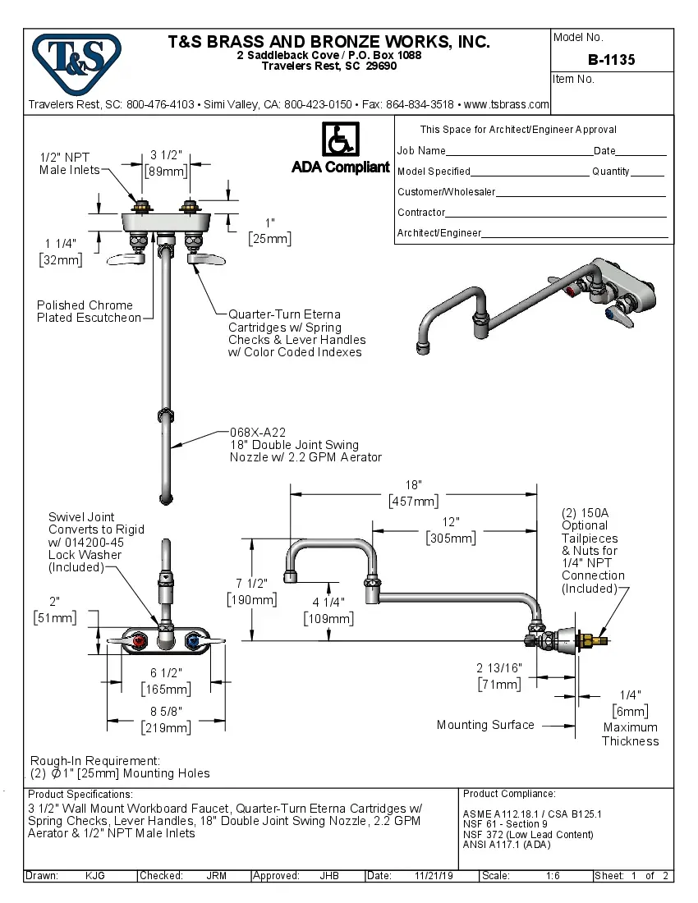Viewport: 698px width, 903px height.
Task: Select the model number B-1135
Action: point(611,60)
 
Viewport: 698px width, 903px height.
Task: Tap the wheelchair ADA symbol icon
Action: point(340,139)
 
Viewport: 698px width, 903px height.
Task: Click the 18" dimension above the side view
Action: point(412,485)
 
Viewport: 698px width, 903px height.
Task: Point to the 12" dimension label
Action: point(451,522)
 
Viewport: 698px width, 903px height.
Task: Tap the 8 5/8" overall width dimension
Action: point(166,711)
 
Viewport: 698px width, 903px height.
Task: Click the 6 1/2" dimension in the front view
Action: point(166,672)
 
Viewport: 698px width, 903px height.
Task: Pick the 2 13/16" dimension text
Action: point(498,667)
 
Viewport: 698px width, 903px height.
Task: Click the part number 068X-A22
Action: point(257,432)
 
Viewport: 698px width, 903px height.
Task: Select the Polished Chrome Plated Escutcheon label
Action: point(89,311)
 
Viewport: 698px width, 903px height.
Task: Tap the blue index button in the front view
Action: point(192,639)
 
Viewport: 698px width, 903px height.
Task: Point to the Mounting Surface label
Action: point(484,725)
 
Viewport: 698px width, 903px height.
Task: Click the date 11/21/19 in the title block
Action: point(434,876)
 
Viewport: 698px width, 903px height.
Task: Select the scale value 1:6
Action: point(553,876)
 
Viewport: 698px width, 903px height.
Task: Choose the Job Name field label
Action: point(421,151)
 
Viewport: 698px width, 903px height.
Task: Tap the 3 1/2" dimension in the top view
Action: point(166,156)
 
